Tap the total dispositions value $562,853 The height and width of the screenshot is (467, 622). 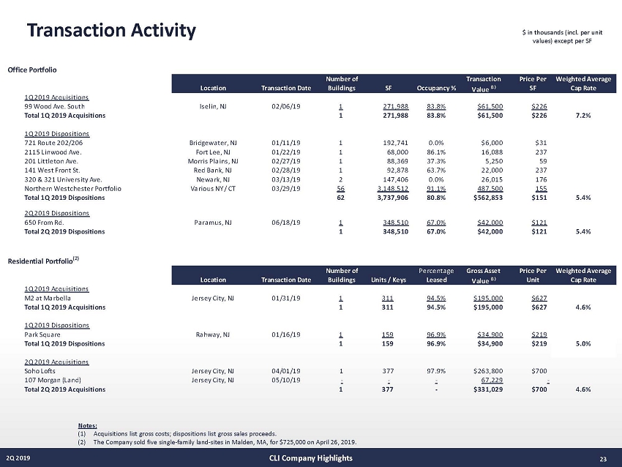483,197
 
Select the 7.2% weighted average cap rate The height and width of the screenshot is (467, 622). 583,115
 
